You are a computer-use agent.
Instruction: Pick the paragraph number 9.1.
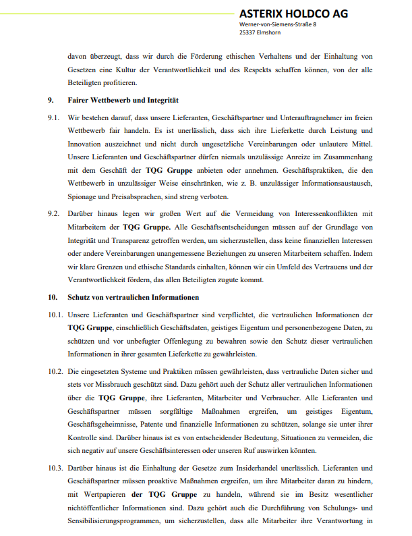coord(54,117)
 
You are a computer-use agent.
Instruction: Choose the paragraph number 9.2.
coord(54,214)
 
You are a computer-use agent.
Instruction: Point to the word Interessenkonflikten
coord(324,214)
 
